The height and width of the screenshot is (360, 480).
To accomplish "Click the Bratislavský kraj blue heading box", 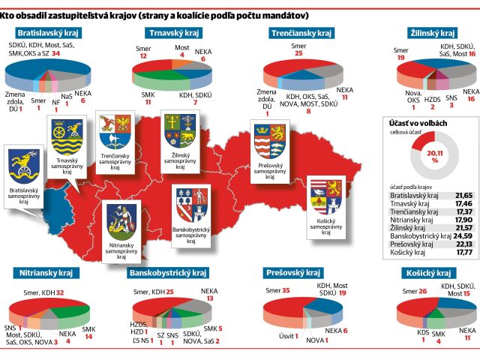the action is tap(48, 33).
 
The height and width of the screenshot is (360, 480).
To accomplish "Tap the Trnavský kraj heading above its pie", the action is tap(174, 33).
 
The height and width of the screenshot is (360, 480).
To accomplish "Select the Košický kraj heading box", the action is tap(428, 273).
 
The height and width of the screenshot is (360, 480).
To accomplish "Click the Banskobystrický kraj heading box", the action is tap(168, 273).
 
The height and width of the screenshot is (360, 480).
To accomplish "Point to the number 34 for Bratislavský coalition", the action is tap(55, 53).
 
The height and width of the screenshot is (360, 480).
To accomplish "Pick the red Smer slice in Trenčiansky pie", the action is tap(288, 67).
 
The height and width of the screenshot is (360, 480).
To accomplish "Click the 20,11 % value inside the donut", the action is tap(435, 156).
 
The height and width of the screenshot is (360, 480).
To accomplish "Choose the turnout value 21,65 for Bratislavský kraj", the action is tap(463, 196).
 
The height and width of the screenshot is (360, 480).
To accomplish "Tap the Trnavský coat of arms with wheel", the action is tap(67, 136).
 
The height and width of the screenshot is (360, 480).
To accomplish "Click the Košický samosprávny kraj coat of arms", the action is tap(326, 197).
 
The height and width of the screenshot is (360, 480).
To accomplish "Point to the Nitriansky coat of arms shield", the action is tap(121, 222).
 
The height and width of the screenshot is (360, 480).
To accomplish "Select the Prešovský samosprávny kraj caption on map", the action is tap(270, 171).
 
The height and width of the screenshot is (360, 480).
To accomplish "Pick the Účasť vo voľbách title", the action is tap(418, 123).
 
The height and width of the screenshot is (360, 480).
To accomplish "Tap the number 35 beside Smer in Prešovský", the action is tap(286, 290).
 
